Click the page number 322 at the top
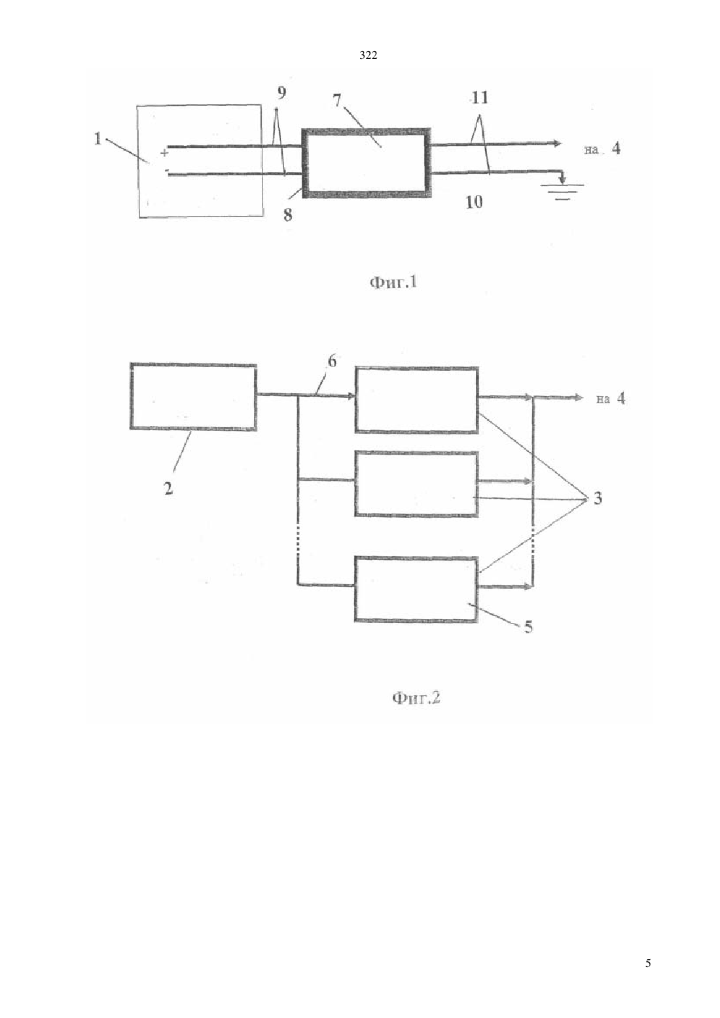(368, 56)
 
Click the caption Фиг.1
(393, 283)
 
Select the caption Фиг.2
(416, 697)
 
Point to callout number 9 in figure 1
(281, 93)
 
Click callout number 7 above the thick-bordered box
(337, 101)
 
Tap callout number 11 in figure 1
(480, 97)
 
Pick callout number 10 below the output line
(474, 202)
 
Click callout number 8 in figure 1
(288, 215)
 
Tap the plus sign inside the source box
(164, 152)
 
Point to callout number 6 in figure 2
(332, 361)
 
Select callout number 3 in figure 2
(598, 498)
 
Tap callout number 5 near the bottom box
(528, 627)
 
